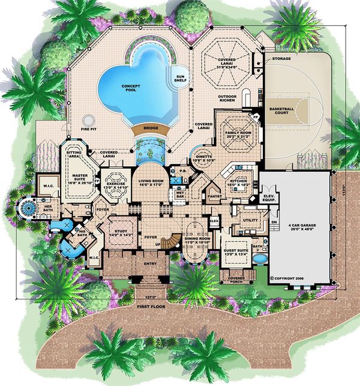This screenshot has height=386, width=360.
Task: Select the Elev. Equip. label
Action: (269, 199)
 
